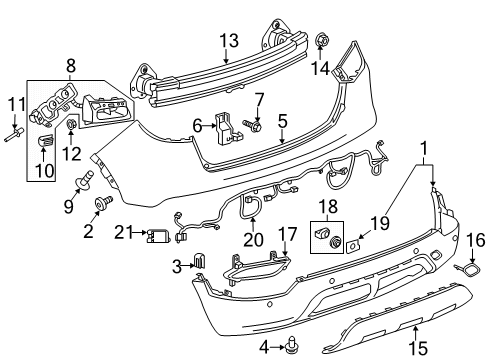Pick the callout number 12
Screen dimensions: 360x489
point(70,152)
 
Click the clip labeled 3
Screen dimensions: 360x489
point(198,264)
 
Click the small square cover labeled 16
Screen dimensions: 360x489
point(467,297)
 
